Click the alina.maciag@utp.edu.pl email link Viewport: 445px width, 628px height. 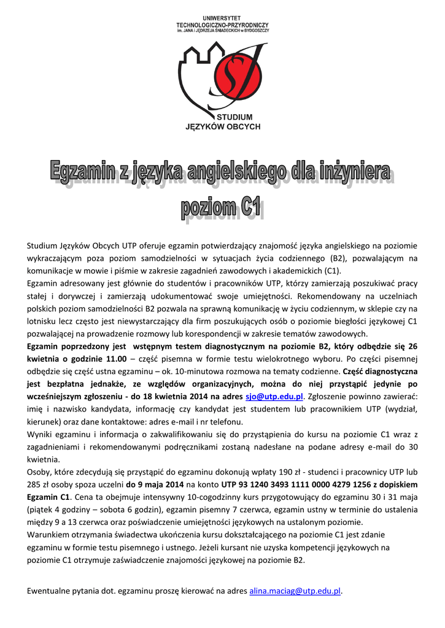click(295, 591)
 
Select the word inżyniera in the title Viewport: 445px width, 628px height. click(355, 172)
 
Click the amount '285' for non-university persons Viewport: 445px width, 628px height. click(36, 484)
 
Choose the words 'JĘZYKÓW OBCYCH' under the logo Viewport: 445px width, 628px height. click(223, 126)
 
